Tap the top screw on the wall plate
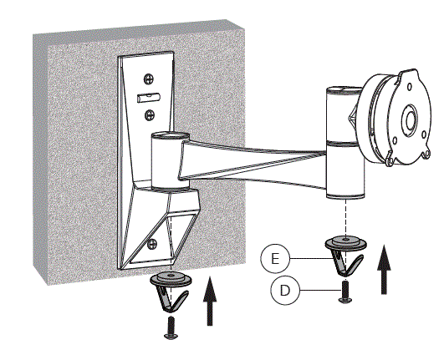[x=148, y=81]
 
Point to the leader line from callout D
[x=321, y=290]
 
